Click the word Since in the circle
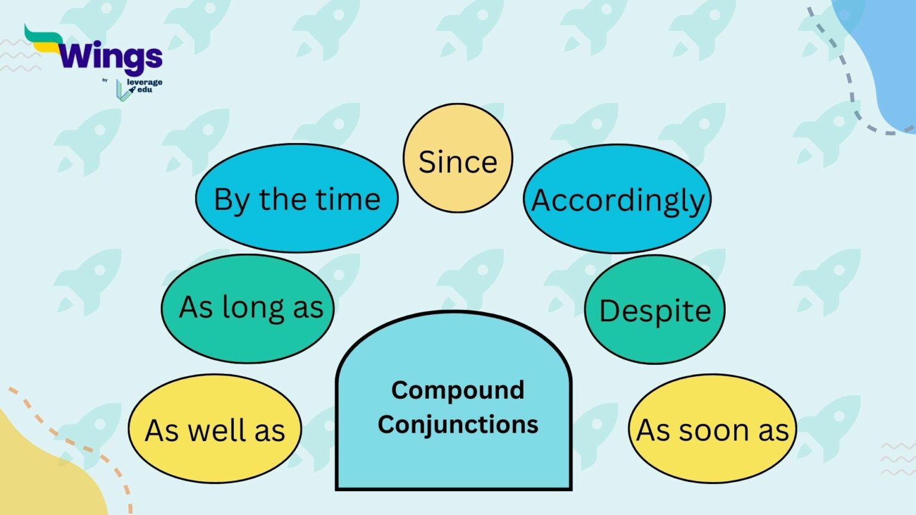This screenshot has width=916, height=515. click(x=457, y=162)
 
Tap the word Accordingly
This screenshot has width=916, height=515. click(x=618, y=200)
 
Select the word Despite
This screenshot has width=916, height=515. click(x=655, y=311)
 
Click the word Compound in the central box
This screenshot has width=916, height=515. click(x=457, y=390)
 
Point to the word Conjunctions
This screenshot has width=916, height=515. click(x=457, y=424)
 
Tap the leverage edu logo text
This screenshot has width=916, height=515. click(x=144, y=86)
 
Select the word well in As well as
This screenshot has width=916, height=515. click(x=218, y=430)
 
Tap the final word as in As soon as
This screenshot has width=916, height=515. click(x=773, y=430)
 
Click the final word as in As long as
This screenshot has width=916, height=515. click(x=308, y=308)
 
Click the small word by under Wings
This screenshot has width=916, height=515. click(x=105, y=80)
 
